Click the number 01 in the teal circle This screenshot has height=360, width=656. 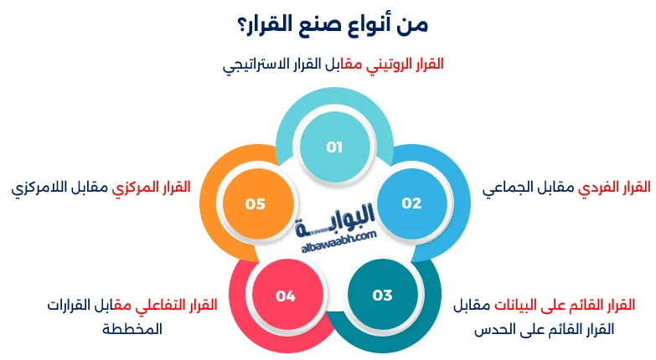click(335, 147)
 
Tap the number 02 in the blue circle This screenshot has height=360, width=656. click(411, 203)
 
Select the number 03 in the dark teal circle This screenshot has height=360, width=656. click(382, 295)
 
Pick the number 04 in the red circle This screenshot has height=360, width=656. click(286, 295)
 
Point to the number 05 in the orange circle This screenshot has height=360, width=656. click(256, 203)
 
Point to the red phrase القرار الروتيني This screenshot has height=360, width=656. click(406, 64)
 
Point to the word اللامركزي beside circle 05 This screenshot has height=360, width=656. click(41, 186)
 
